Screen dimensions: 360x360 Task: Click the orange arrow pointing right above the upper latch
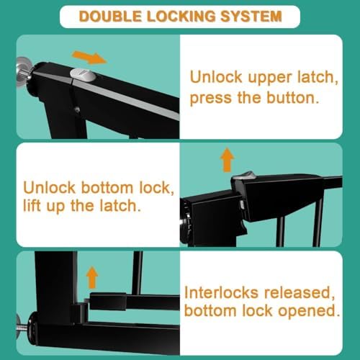(x=89, y=58)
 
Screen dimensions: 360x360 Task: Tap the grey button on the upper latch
(x=84, y=75)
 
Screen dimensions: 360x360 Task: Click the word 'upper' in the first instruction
(x=270, y=78)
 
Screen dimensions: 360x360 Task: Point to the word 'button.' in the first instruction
(x=293, y=98)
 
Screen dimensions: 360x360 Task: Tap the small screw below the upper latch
(x=77, y=109)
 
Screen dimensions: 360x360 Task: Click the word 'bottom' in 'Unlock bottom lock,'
(x=107, y=188)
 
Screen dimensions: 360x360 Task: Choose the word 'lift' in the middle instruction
(x=32, y=206)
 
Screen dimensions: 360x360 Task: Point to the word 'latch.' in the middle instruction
(x=120, y=206)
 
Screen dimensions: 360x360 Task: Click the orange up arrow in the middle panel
(x=227, y=160)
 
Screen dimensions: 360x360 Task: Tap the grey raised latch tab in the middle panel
(x=243, y=176)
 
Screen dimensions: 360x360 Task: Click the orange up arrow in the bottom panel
(x=92, y=277)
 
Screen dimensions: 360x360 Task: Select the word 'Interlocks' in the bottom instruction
(x=221, y=292)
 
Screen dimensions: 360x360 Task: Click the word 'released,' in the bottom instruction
(x=300, y=293)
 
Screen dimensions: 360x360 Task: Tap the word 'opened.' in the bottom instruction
(x=309, y=311)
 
